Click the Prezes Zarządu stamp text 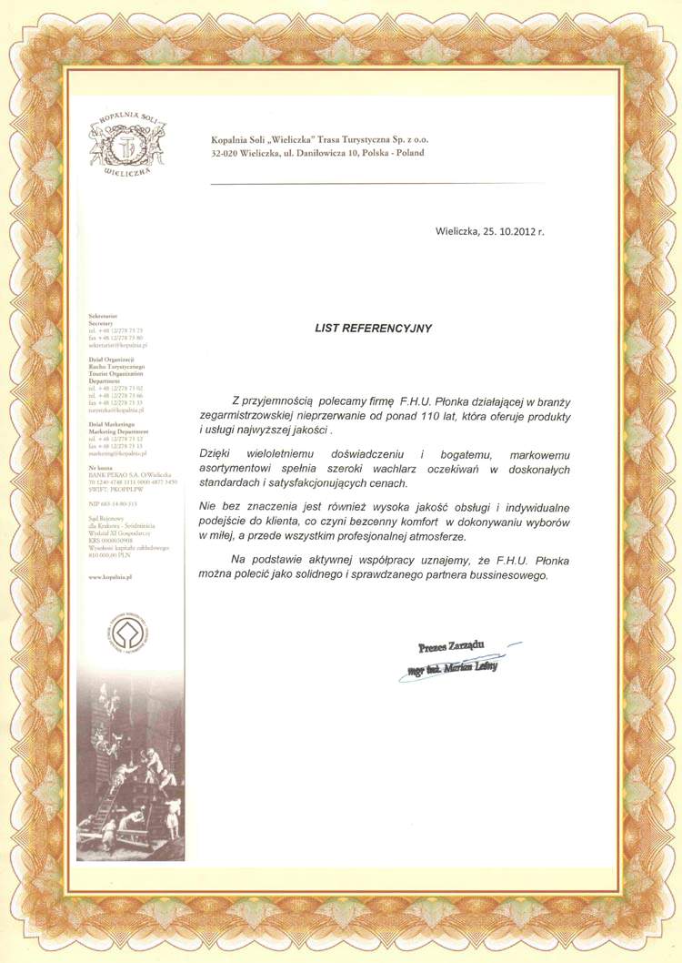pos(451,647)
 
